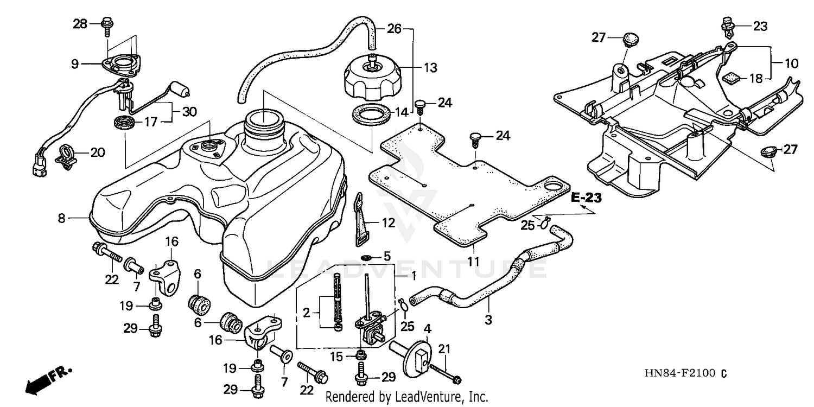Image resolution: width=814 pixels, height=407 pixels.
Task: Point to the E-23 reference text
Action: (x=587, y=199)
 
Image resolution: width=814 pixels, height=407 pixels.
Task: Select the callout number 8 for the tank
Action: (x=61, y=218)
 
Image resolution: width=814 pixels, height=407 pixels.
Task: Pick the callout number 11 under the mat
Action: (x=474, y=261)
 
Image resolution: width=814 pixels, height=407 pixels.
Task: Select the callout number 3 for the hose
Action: (x=488, y=320)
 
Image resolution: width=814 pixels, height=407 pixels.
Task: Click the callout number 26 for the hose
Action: (x=395, y=29)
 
